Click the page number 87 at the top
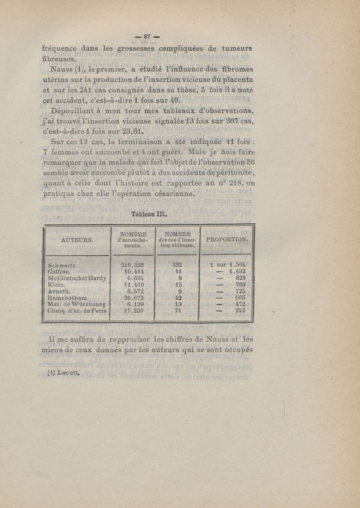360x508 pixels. (x=148, y=37)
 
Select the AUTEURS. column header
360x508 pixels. (x=77, y=240)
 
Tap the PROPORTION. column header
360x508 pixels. (x=227, y=240)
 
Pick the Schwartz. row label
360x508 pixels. (x=63, y=265)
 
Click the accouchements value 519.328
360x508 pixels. (x=132, y=265)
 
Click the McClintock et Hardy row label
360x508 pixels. (x=77, y=278)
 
